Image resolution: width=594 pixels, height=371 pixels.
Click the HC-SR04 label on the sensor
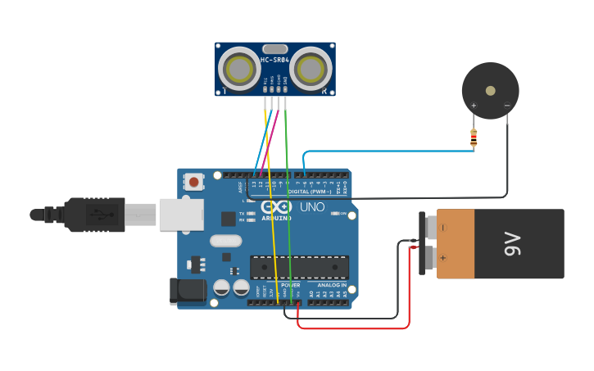click(x=274, y=60)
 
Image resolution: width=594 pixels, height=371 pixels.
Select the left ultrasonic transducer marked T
click(x=239, y=69)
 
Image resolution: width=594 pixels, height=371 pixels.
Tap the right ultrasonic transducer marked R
click(x=311, y=69)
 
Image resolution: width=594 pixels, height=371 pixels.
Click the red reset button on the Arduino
click(x=193, y=181)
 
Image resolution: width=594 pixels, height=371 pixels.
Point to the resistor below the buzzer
click(x=474, y=138)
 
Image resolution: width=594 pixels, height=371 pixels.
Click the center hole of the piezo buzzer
click(x=490, y=91)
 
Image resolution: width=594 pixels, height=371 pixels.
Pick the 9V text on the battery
click(x=512, y=243)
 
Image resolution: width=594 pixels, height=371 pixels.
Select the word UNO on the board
click(x=312, y=207)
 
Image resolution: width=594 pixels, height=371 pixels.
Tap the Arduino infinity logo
click(x=276, y=207)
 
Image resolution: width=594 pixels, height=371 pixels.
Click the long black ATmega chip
click(x=299, y=267)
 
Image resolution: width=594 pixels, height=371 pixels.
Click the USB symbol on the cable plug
click(x=100, y=215)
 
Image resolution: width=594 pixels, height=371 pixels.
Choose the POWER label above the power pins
click(x=291, y=285)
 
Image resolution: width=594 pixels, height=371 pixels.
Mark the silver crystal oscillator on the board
click(x=225, y=241)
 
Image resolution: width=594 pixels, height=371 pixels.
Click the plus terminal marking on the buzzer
click(x=474, y=105)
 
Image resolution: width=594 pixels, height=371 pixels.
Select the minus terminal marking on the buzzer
click(x=507, y=105)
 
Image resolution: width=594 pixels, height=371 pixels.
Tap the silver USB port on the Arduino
click(x=180, y=214)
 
